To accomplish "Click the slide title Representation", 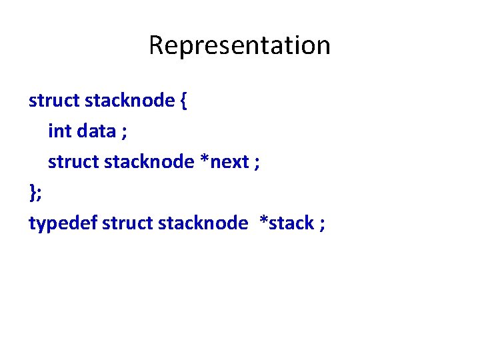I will click(x=239, y=45).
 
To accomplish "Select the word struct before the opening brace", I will click(x=54, y=101).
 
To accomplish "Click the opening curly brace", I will click(x=183, y=101).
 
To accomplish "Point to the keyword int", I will click(x=59, y=131).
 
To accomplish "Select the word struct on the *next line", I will click(x=73, y=162).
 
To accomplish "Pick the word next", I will click(x=229, y=163).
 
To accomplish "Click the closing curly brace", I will click(x=32, y=193).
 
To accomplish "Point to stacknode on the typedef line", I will click(x=203, y=223).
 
